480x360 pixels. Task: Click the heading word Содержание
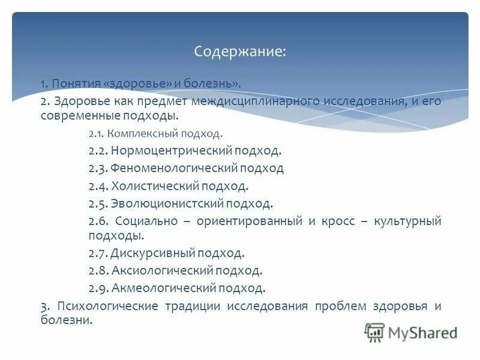click(239, 52)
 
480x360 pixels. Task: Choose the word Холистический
click(155, 186)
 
